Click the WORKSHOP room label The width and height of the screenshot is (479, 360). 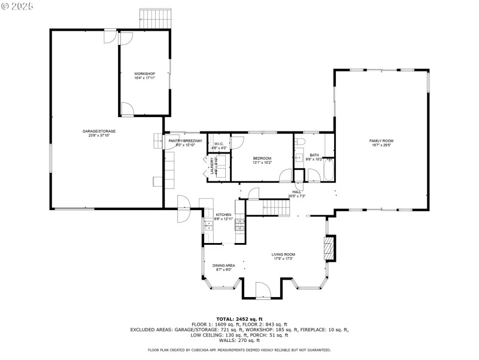(144, 74)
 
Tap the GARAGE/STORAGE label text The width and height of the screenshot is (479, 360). (99, 131)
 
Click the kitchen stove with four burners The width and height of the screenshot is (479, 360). (239, 226)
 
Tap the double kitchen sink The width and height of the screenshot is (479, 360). (208, 226)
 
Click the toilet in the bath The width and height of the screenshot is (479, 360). (301, 142)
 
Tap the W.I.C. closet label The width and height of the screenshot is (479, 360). (219, 143)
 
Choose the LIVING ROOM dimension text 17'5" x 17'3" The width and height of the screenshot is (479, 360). (284, 259)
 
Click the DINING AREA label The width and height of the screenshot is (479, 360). (223, 265)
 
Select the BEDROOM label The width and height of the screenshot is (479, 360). (262, 158)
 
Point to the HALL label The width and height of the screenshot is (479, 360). (296, 192)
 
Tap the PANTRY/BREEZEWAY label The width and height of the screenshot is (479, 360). (185, 140)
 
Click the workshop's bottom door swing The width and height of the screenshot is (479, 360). (127, 109)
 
